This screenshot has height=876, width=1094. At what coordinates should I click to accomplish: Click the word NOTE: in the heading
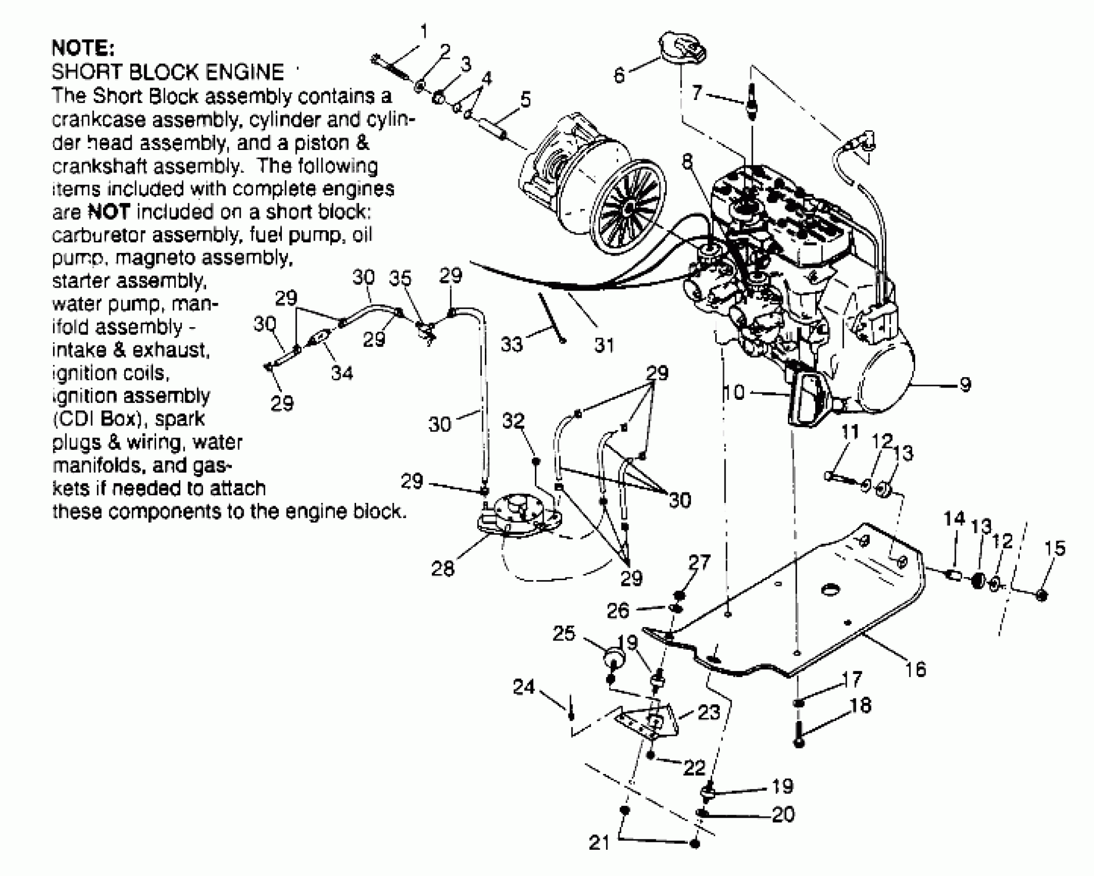click(82, 48)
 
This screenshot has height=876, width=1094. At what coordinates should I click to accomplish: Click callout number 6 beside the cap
click(619, 76)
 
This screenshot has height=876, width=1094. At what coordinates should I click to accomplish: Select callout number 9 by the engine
click(965, 384)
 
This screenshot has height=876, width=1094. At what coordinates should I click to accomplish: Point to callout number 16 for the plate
click(915, 669)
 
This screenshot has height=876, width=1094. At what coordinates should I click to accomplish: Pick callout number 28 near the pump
click(442, 569)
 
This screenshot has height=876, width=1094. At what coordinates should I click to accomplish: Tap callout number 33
click(511, 344)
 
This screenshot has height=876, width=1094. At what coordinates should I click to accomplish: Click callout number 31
click(604, 345)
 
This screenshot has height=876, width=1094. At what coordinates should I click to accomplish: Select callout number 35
click(400, 278)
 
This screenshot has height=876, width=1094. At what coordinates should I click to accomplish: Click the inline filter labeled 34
click(319, 339)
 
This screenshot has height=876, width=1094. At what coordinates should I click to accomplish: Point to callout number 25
click(564, 633)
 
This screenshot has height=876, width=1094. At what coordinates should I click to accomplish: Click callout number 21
click(599, 843)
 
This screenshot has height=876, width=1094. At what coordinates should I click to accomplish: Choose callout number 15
click(1054, 548)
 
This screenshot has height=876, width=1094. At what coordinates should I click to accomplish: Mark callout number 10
click(734, 393)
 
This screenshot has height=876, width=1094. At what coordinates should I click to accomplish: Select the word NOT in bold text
click(109, 212)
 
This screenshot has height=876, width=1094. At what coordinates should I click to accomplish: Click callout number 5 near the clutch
click(525, 99)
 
